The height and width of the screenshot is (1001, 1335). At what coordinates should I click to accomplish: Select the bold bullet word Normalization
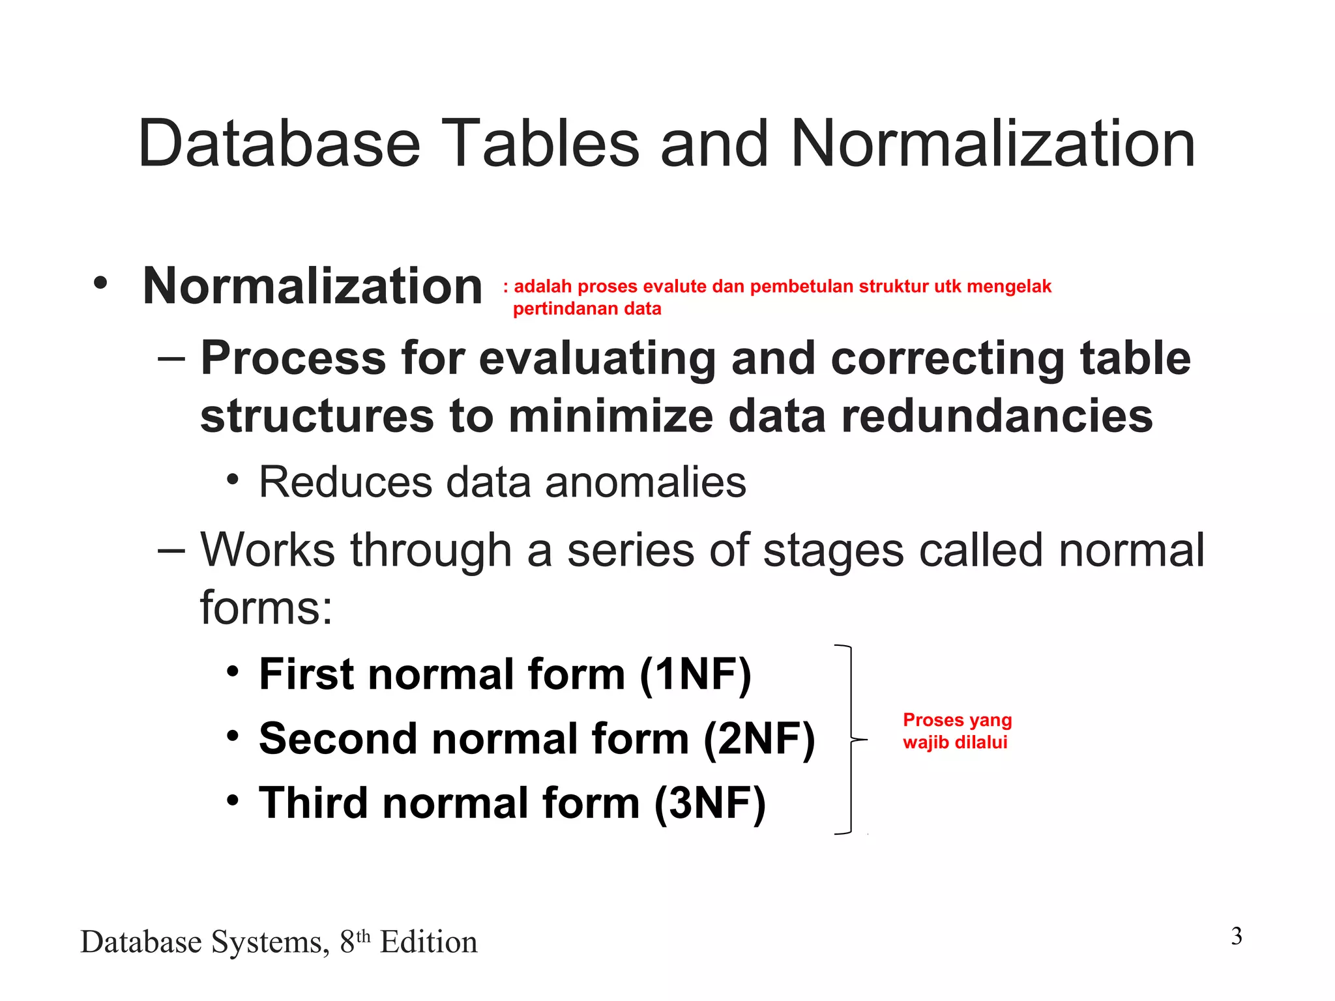tap(312, 286)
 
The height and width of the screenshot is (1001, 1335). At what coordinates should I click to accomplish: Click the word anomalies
tap(645, 483)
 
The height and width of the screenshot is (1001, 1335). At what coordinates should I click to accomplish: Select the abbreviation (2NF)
tap(759, 739)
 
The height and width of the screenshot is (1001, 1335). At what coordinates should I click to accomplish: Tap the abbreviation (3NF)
tap(710, 803)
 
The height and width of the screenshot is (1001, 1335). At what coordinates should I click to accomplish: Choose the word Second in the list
tap(338, 739)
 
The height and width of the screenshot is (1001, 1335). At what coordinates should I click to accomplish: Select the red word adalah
tap(542, 287)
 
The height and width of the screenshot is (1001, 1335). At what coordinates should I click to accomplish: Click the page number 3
tap(1237, 936)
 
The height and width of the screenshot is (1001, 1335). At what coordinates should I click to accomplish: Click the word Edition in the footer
tap(428, 942)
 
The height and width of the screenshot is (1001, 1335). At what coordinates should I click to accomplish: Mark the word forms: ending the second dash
tap(266, 608)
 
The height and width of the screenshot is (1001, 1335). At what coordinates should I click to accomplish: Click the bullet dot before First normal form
tap(233, 671)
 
